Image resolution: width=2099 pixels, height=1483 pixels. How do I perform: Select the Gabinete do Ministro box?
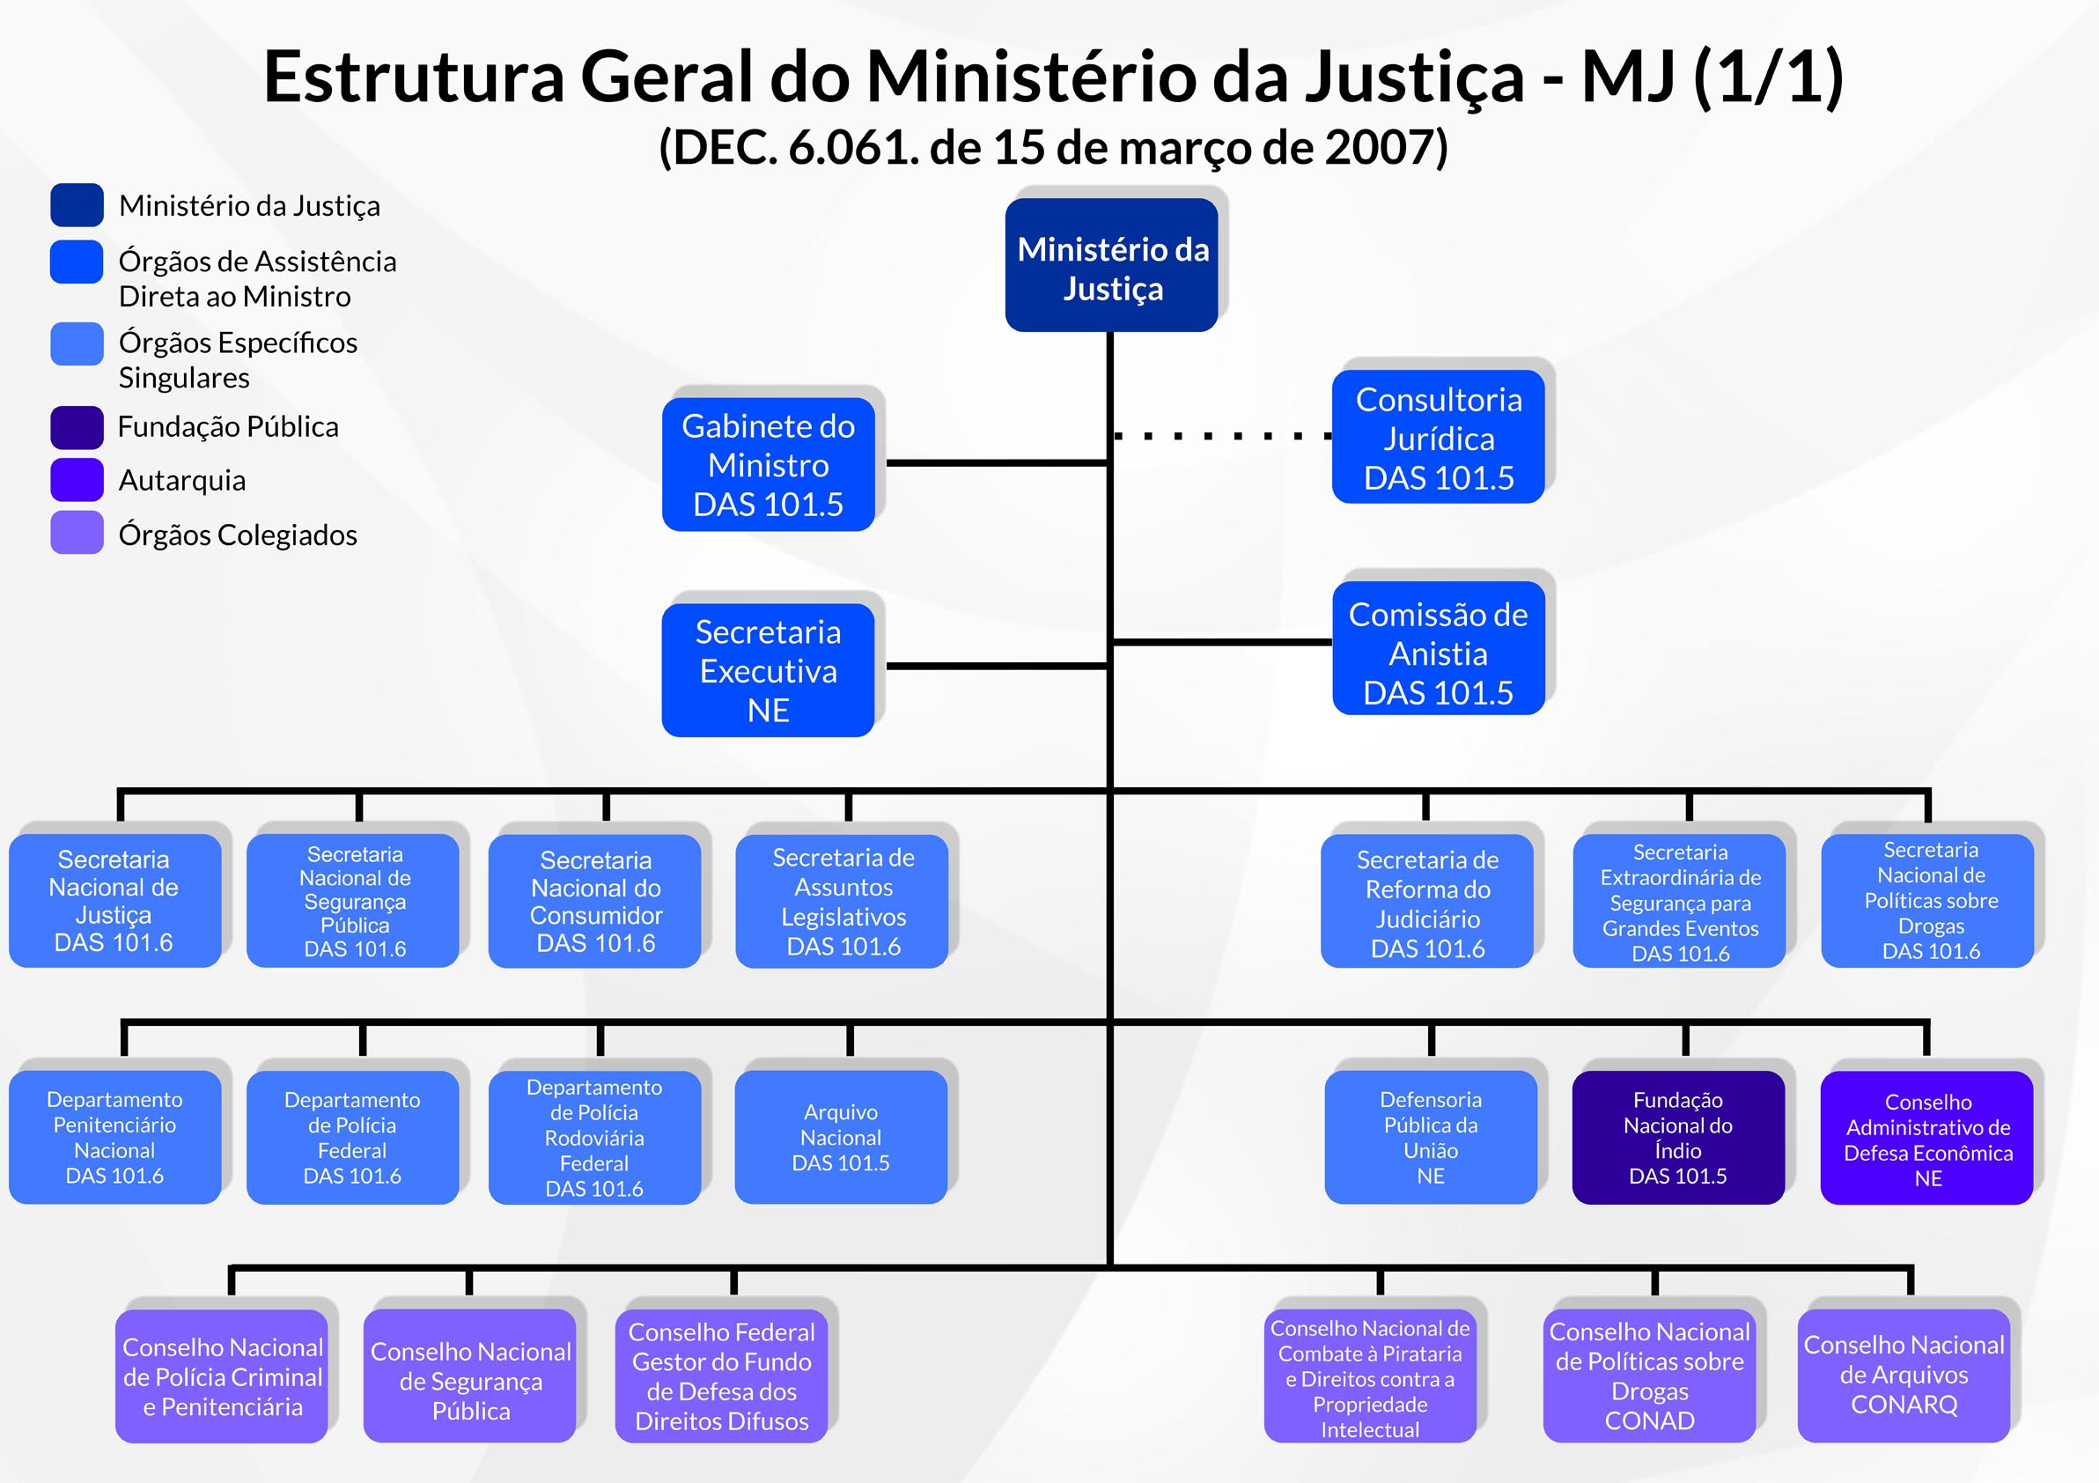(768, 464)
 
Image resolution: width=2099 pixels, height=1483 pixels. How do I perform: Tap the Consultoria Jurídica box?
(1438, 437)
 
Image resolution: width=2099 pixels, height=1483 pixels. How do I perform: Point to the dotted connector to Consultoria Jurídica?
(1221, 436)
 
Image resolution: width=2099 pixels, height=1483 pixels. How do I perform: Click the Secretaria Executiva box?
(768, 670)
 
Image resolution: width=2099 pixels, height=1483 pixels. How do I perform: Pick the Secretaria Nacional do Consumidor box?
(595, 901)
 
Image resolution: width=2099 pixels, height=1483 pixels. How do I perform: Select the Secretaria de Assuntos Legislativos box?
(842, 901)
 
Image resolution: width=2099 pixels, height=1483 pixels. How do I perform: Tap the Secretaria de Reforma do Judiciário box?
(1427, 902)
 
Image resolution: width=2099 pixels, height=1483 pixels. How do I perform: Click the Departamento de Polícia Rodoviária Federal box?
(594, 1137)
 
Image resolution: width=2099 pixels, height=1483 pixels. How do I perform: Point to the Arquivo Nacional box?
(840, 1137)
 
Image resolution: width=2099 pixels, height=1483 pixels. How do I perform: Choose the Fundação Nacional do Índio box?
(1677, 1137)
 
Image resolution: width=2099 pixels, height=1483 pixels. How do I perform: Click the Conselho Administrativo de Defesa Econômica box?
(1927, 1139)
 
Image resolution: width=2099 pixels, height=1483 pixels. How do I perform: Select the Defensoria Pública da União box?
(1430, 1137)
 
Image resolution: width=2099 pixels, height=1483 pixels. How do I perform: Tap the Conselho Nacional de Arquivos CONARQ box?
(1904, 1375)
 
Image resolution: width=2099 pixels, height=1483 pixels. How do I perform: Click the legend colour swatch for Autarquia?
(77, 480)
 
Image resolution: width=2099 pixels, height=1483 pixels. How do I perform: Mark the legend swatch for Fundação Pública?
(77, 427)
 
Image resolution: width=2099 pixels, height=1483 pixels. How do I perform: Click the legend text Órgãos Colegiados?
(238, 535)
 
